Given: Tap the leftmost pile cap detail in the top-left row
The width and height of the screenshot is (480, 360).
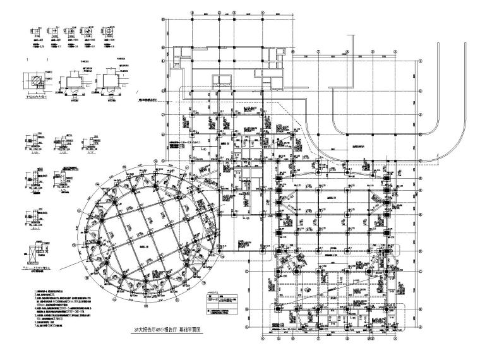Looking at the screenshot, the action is tap(36, 32).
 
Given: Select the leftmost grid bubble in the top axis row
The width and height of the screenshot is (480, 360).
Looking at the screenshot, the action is tap(164, 19).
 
